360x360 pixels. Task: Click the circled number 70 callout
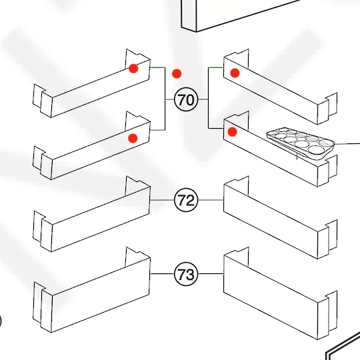pos(186,99)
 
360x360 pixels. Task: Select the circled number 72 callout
pos(186,200)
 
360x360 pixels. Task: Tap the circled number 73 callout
pos(186,274)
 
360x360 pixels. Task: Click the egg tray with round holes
pos(300,143)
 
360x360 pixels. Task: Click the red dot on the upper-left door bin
pos(133,69)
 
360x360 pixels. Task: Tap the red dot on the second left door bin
pos(133,138)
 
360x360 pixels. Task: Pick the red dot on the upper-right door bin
pos(235,73)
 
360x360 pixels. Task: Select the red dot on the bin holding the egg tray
pos(232,132)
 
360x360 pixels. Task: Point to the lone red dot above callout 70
pos(177,74)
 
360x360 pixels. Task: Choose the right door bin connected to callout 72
pos(281,218)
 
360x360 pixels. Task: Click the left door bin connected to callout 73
pos(92,291)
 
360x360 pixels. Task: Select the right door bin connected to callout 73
pos(281,294)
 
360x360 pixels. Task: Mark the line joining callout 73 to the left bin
pos(162,274)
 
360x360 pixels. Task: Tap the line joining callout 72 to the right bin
pos(211,200)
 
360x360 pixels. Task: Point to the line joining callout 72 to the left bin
pos(162,200)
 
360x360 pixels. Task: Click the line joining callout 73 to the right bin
pos(211,274)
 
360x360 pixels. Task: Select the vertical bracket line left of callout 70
pos(165,99)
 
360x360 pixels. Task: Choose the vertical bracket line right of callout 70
pos(208,98)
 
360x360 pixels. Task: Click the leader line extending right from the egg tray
pos(347,144)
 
